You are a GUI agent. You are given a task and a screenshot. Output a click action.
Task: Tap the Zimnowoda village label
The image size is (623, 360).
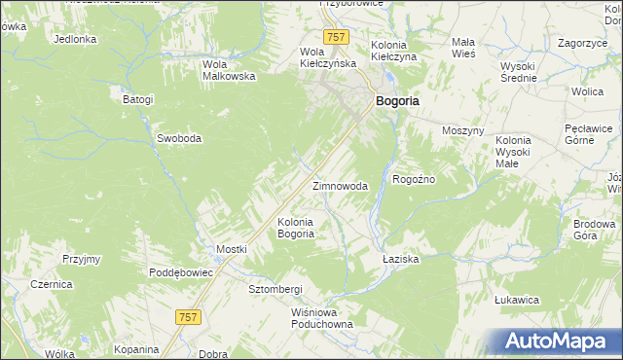click(340, 186)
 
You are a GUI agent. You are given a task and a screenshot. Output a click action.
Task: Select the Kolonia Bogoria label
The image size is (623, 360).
click(296, 228)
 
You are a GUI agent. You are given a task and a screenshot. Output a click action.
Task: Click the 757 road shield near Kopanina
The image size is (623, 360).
click(189, 316)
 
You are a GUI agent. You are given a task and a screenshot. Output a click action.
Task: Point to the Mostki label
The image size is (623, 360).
click(232, 249)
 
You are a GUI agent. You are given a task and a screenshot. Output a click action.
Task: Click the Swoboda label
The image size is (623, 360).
click(179, 138)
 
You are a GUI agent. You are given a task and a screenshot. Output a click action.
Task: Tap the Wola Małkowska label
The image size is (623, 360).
click(228, 70)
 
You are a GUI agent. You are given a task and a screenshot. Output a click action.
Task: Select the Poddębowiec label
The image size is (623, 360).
click(181, 272)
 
